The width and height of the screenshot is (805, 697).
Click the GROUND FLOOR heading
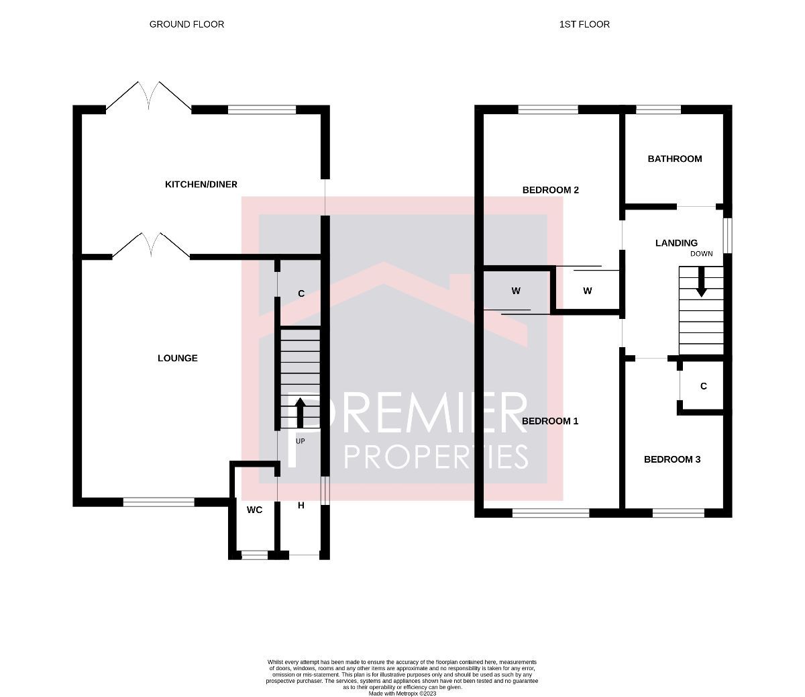(x=186, y=24)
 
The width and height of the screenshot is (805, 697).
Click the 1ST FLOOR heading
(x=584, y=24)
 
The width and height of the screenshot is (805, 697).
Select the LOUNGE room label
(x=178, y=358)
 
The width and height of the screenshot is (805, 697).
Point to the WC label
(x=254, y=510)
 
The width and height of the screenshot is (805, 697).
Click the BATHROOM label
(x=674, y=158)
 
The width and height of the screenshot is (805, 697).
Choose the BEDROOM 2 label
(x=550, y=190)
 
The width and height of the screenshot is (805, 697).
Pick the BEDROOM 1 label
(x=550, y=421)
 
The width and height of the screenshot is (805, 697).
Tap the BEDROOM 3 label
(x=672, y=459)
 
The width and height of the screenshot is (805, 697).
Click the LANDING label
(x=676, y=243)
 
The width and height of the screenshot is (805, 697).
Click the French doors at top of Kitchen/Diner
(x=148, y=96)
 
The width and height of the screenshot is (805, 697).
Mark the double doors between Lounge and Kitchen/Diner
(x=151, y=246)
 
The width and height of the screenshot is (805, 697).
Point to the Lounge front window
(x=158, y=502)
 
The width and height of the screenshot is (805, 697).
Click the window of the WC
(x=254, y=555)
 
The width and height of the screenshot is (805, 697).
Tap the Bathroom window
(x=658, y=109)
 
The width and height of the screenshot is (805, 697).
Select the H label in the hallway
(x=301, y=506)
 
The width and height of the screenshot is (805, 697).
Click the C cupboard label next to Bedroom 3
(x=703, y=386)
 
